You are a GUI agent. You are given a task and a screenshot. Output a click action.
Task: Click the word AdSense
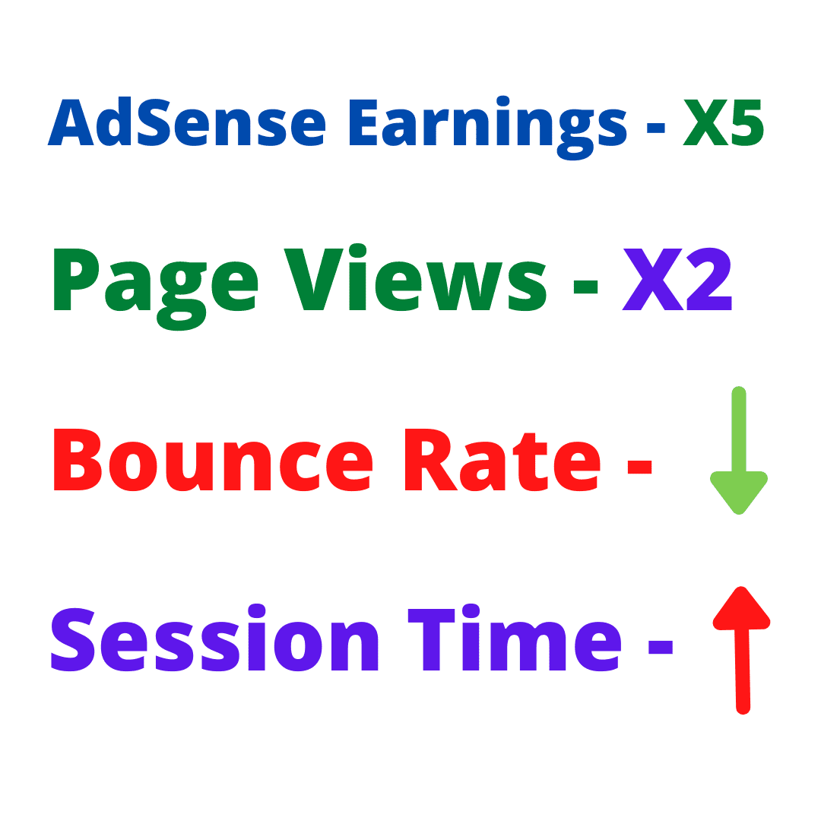187,122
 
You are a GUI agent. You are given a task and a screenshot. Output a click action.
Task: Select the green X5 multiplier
724,122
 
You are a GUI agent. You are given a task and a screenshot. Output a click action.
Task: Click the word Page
156,289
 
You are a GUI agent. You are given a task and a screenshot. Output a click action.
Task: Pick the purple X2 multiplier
677,279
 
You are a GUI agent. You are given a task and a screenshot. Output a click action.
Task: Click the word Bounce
213,460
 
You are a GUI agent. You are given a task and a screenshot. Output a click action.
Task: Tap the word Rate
502,460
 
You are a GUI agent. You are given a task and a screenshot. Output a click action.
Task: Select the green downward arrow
739,450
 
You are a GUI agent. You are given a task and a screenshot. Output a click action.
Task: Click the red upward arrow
742,650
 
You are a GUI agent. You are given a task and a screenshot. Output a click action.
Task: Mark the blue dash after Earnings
655,128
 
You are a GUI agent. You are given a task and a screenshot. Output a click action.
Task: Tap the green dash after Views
585,287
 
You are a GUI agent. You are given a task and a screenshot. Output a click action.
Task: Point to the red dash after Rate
639,467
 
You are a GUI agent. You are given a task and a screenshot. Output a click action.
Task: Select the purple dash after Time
661,647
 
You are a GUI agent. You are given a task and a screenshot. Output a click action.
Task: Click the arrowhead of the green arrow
739,492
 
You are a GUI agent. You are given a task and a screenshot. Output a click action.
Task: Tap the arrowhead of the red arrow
742,607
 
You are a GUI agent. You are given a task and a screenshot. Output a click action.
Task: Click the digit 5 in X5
748,122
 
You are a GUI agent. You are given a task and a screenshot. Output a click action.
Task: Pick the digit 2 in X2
709,279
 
